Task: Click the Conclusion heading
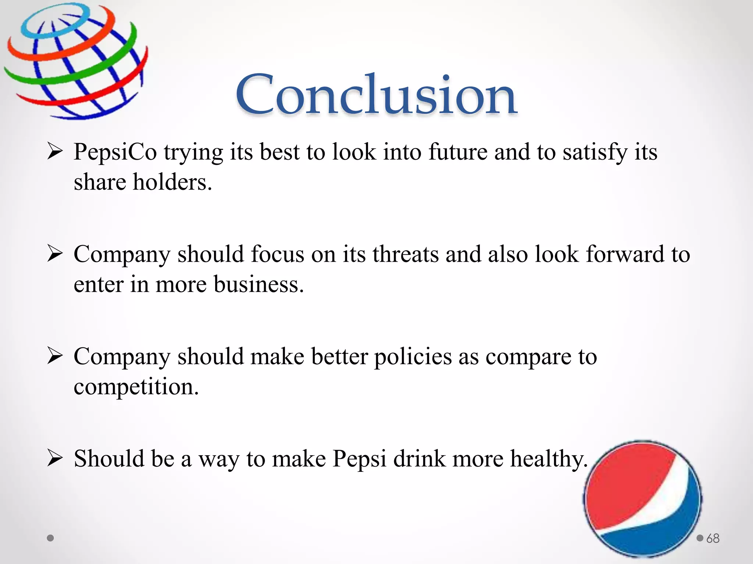coord(376,95)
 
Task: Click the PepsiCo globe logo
coord(75,61)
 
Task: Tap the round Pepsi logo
coord(643,499)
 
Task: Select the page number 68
coord(713,538)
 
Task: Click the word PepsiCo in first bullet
coord(115,152)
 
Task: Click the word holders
coord(172,182)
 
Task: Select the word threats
coord(405,254)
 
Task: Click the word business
coord(258,284)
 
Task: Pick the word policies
coord(413,357)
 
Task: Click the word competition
coord(136,387)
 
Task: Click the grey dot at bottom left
coord(51,538)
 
